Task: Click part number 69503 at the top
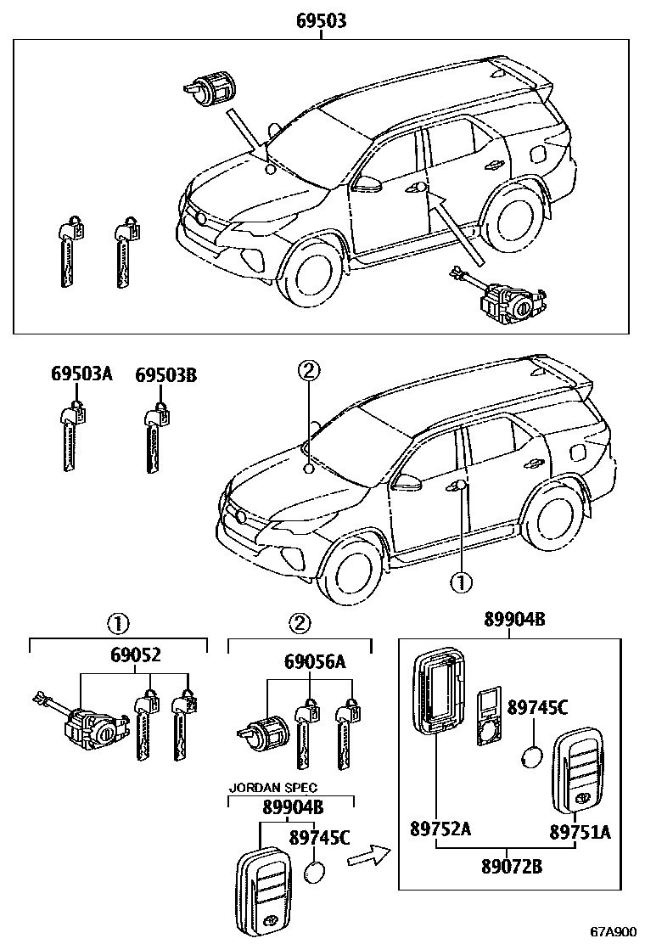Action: click(322, 21)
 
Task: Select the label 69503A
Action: click(81, 374)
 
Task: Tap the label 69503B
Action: click(166, 374)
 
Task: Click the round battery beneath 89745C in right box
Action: click(535, 756)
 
